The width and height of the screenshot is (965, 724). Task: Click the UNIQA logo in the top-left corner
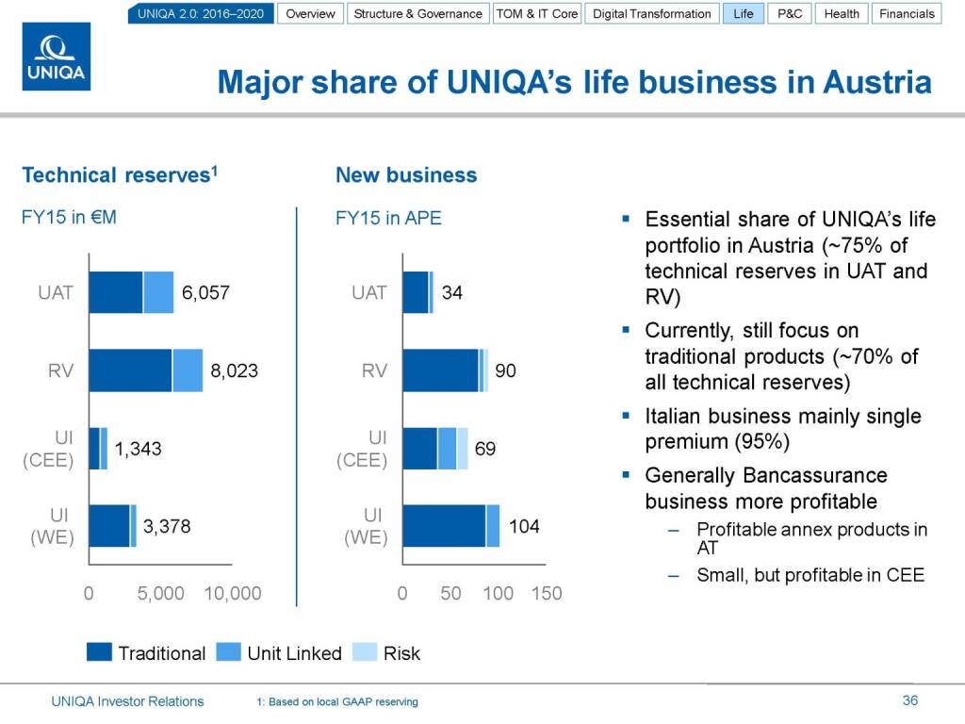tap(57, 58)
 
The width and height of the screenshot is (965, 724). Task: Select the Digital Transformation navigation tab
tap(651, 14)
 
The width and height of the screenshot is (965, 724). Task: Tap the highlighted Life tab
tap(744, 14)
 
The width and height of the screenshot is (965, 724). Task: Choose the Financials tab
tap(907, 14)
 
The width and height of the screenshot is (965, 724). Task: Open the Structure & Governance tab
tap(417, 14)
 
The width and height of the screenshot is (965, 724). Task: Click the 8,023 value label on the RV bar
tap(235, 371)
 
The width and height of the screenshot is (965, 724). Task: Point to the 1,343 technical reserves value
tap(138, 450)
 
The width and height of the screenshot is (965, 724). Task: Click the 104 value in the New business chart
tap(524, 527)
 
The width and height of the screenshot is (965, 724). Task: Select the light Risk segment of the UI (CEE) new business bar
tap(462, 448)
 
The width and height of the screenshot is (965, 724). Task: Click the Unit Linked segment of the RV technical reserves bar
tap(188, 370)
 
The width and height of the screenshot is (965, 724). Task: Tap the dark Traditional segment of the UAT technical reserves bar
tap(116, 292)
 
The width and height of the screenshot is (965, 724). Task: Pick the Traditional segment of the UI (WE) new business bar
tap(444, 525)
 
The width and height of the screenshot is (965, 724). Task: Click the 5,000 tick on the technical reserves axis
tap(160, 594)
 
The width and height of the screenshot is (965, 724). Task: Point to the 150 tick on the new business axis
tap(547, 594)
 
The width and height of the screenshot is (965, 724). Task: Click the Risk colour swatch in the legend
tap(365, 652)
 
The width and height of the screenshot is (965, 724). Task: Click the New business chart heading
tap(406, 175)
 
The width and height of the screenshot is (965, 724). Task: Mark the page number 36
tap(909, 700)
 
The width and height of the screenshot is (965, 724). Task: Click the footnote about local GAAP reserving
tap(337, 702)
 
